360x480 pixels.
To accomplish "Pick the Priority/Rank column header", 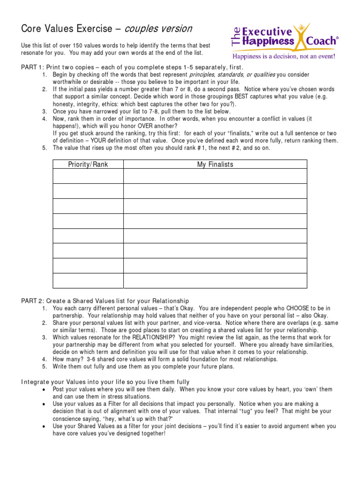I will point(88,165).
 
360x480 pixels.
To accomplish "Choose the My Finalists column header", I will point(215,165).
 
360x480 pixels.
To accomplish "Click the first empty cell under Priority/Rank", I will point(88,176).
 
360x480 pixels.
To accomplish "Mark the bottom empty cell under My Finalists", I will point(215,280).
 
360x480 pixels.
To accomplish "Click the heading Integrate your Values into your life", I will point(105,382).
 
